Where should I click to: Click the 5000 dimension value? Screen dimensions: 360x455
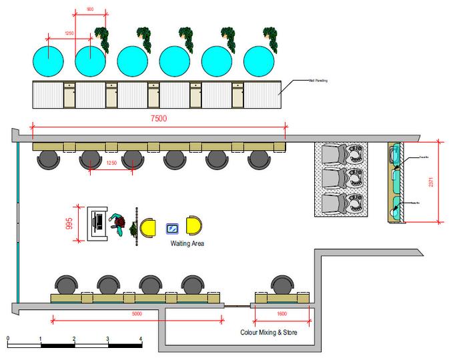[x=137, y=314]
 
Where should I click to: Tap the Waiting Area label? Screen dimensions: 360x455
[x=187, y=244]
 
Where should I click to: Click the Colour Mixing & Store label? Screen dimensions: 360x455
[x=269, y=332]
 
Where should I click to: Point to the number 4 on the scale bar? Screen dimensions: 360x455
[x=141, y=339]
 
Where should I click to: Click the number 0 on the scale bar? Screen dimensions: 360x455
[x=7, y=339]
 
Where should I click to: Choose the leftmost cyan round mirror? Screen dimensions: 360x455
[x=48, y=61]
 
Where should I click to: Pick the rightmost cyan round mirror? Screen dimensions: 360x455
[x=259, y=61]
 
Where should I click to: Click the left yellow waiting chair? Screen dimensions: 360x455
[x=148, y=227]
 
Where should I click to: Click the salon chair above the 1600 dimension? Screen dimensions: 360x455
[x=281, y=285]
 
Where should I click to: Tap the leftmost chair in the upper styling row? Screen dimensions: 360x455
[x=48, y=159]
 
